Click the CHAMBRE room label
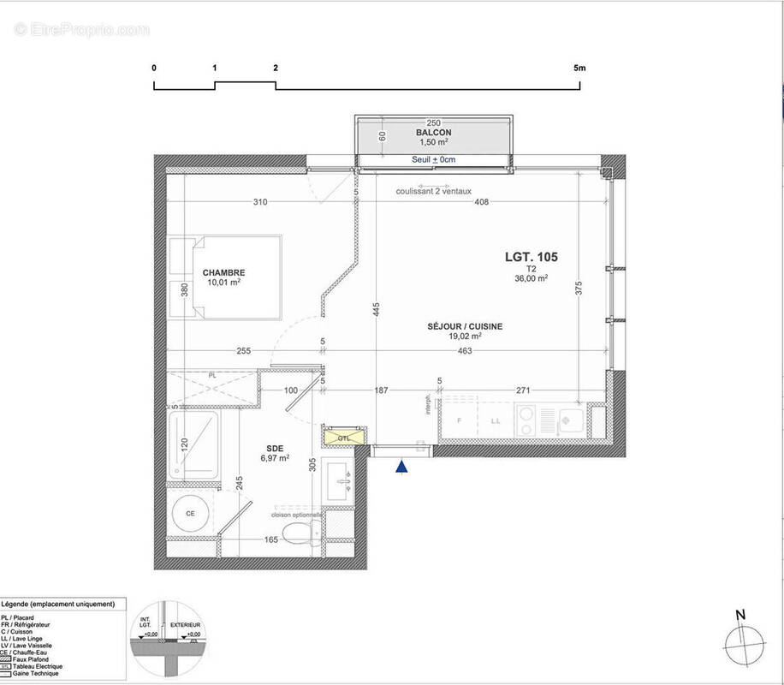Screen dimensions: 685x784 (223, 273)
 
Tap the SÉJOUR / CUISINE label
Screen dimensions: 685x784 (466, 326)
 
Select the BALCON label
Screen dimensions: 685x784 (433, 134)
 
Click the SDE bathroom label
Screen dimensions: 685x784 (275, 446)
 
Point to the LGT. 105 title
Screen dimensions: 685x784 (530, 256)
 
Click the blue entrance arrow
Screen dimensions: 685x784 (401, 467)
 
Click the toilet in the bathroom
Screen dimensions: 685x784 (301, 533)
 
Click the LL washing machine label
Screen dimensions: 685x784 (495, 421)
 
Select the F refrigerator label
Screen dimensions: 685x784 (460, 421)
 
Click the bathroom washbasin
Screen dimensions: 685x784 (342, 482)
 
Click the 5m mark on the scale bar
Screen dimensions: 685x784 (580, 68)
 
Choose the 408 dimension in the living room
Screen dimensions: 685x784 (481, 202)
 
